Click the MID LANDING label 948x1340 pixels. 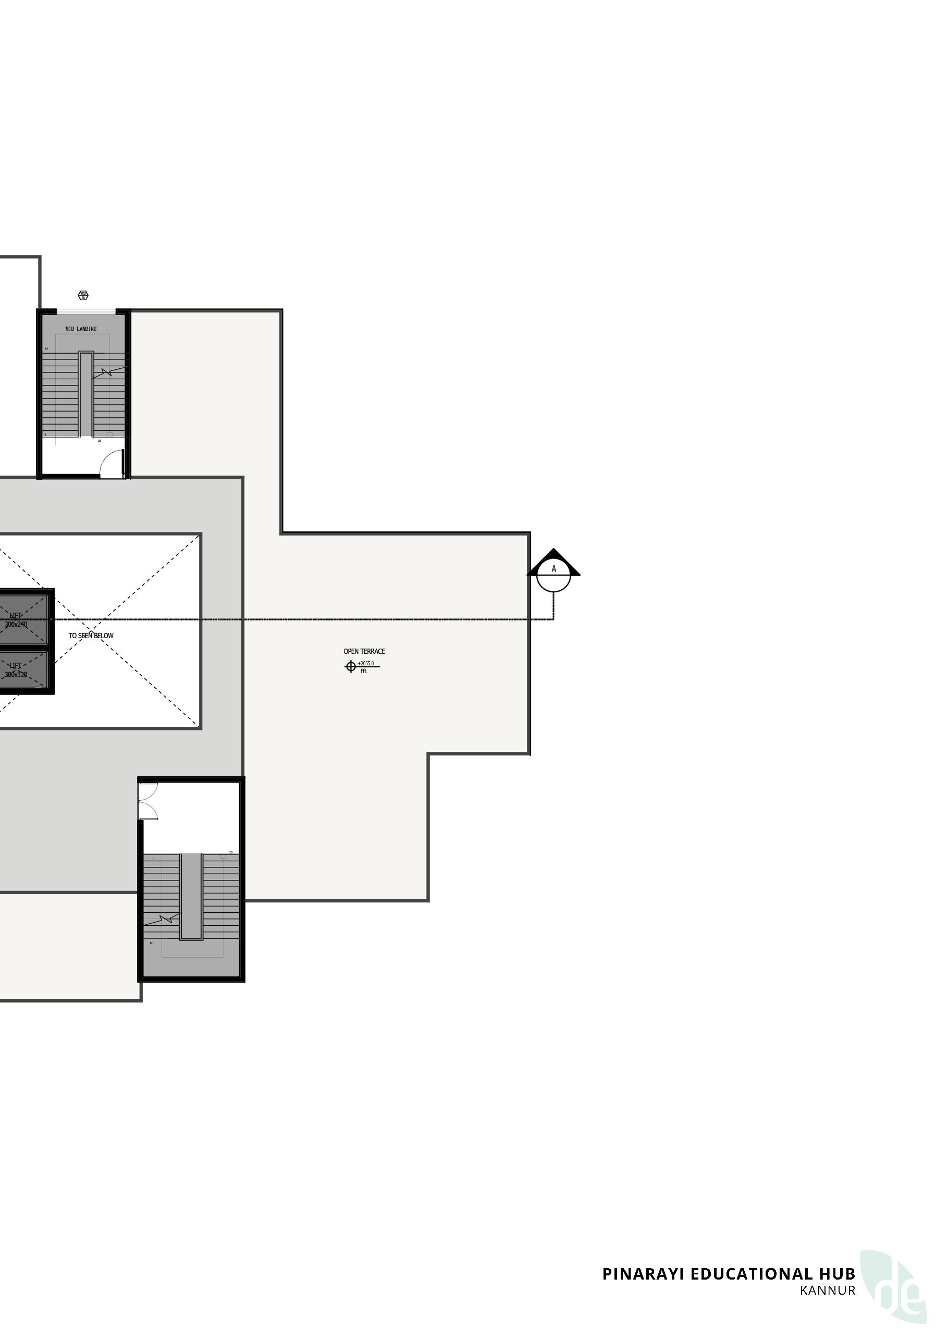(x=81, y=329)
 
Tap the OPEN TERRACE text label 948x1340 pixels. (x=364, y=651)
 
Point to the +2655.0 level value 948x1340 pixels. (x=365, y=663)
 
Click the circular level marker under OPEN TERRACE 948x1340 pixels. (x=350, y=666)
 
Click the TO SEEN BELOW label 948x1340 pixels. (x=91, y=636)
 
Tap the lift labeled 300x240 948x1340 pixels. (x=18, y=618)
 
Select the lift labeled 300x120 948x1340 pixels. (x=18, y=670)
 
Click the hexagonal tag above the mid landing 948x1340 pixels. (x=83, y=295)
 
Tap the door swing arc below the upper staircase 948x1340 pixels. (x=111, y=465)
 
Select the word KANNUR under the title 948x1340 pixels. (x=827, y=1291)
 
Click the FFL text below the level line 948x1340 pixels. (x=364, y=672)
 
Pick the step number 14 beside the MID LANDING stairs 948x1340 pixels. (x=46, y=349)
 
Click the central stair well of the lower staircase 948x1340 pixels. (x=191, y=896)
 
